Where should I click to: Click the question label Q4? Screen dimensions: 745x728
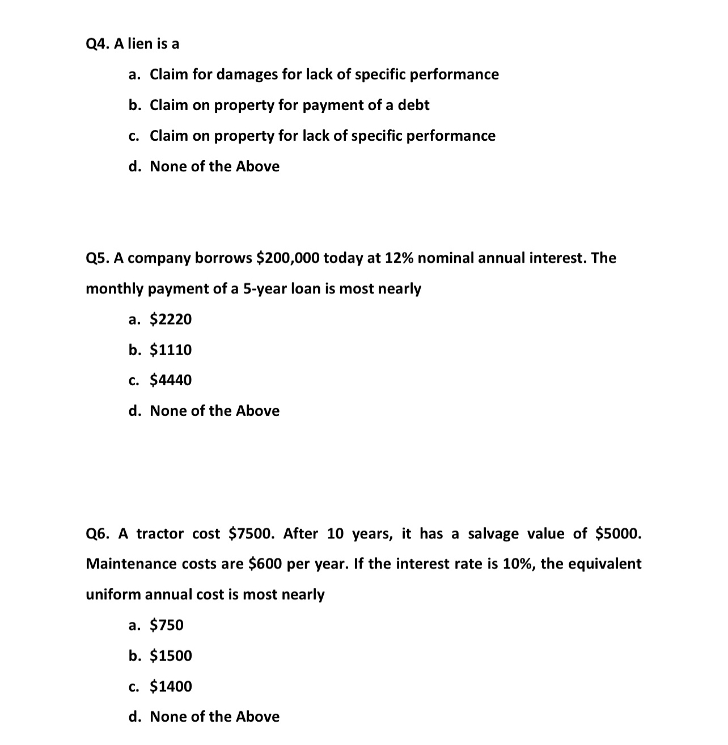[97, 44]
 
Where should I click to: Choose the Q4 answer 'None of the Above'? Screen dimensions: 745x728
[214, 166]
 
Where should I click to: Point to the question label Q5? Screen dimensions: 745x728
[97, 258]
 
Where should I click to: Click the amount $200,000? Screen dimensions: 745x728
[287, 258]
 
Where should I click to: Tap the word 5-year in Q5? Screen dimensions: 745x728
[265, 289]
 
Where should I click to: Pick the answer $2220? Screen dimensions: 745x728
[171, 319]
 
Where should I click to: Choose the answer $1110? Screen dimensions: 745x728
[171, 350]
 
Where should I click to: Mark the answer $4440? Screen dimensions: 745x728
[171, 380]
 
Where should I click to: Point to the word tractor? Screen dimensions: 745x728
[160, 534]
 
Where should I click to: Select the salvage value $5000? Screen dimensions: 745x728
[618, 534]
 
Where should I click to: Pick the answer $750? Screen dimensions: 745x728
[167, 625]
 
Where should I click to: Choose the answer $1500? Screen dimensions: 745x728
[171, 656]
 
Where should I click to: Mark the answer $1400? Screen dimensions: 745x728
[171, 687]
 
